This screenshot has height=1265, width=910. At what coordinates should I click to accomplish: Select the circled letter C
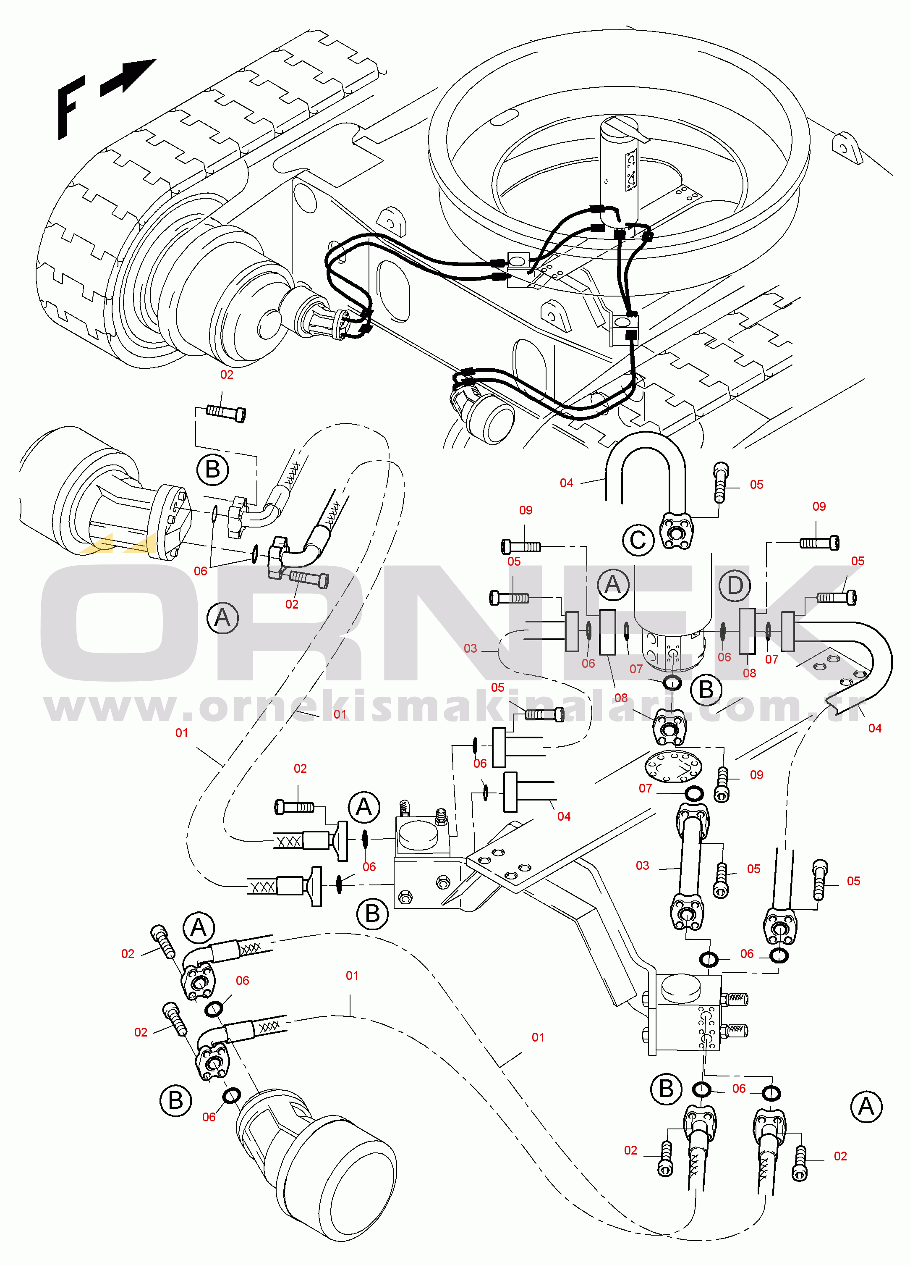point(638,540)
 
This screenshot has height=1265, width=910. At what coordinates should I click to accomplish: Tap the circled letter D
point(735,585)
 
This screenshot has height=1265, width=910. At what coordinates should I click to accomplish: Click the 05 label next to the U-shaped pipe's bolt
point(756,485)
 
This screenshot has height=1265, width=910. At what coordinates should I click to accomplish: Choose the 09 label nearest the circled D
point(818,507)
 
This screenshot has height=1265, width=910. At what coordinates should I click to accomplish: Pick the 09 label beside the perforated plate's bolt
point(756,775)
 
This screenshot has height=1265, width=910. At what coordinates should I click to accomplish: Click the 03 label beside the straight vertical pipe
point(642,866)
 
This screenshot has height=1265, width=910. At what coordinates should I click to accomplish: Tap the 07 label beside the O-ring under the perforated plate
point(645,788)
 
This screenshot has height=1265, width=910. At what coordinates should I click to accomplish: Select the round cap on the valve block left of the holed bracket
point(418,835)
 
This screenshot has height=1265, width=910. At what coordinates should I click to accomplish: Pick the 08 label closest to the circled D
point(749,673)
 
